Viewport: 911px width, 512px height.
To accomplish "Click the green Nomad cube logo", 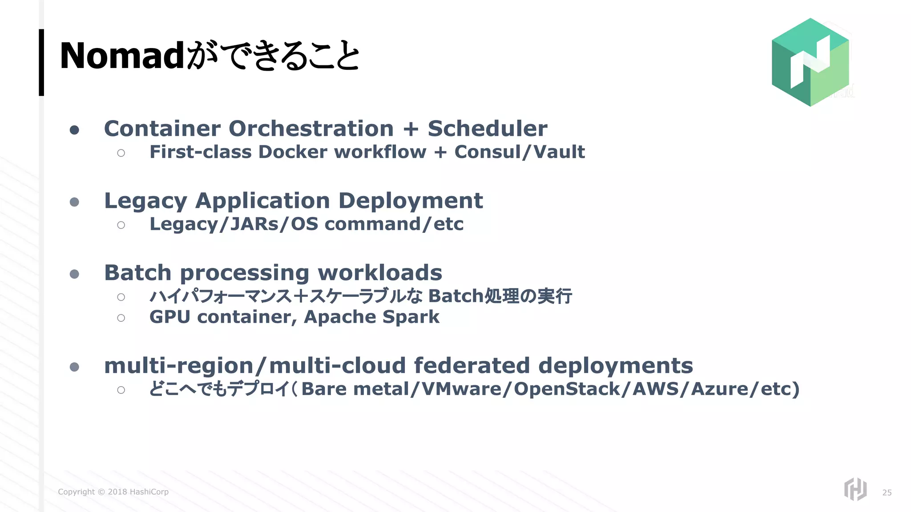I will [810, 62].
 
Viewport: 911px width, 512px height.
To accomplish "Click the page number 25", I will [887, 492].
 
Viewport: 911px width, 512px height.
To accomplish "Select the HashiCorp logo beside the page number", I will [855, 489].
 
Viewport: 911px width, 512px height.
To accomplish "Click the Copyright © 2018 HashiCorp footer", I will [113, 492].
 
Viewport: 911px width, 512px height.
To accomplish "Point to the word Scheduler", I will [487, 129].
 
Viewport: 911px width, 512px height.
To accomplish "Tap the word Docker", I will [293, 152].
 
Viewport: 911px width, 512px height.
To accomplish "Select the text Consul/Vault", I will [519, 152].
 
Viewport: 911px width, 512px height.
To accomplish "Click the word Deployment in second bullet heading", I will [410, 201].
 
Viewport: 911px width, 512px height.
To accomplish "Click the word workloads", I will [380, 273].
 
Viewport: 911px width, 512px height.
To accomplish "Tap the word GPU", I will [169, 317].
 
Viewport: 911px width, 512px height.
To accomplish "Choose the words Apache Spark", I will [371, 317].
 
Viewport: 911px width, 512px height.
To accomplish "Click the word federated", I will [472, 366].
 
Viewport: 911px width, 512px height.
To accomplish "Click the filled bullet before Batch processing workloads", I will [75, 274].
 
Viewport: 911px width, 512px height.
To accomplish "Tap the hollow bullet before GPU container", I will [121, 318].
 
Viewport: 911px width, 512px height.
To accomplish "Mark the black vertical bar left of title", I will [41, 62].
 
